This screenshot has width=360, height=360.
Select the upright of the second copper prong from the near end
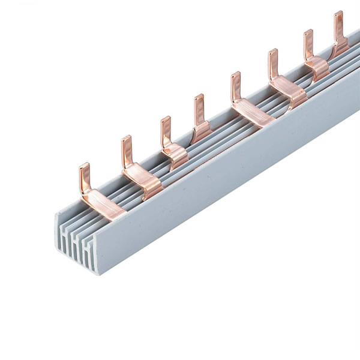coord(126,150)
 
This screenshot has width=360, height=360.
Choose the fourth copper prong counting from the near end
coord(199,114)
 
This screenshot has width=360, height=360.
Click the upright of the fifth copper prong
coord(235,88)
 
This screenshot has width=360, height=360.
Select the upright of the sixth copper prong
coord(272,63)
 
